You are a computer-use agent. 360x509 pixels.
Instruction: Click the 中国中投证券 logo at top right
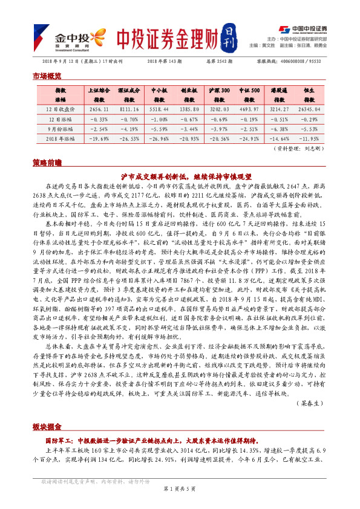click(302, 29)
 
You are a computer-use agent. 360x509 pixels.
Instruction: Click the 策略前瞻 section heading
click(47, 163)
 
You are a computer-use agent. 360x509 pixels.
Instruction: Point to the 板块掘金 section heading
click(47, 427)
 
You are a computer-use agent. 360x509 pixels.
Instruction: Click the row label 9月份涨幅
click(60, 129)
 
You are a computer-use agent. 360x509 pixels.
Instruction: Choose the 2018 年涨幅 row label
click(60, 138)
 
